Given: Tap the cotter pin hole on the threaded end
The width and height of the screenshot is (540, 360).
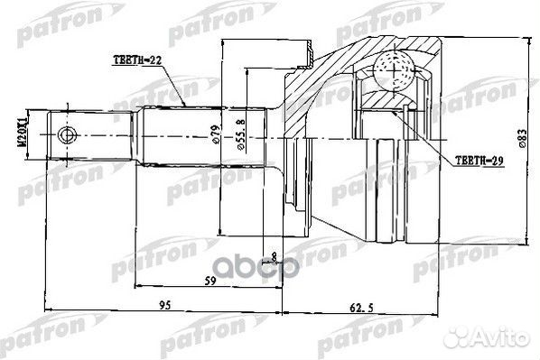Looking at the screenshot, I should click(65, 136).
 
